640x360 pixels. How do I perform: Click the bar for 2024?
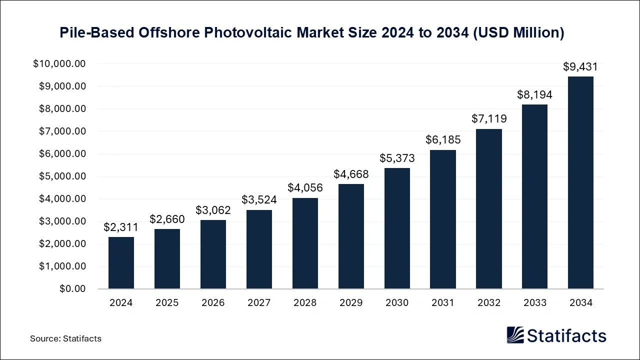coord(121,262)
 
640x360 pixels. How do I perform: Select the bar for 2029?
coord(351,236)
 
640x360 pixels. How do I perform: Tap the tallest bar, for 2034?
coord(580,182)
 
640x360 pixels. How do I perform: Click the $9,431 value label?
coord(580,67)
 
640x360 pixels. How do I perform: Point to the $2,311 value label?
coord(121,227)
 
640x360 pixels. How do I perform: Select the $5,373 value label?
coord(397,158)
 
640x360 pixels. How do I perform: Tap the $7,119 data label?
coord(489,119)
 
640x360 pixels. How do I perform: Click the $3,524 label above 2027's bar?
coord(259,200)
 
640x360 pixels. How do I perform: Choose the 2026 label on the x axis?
coord(213,302)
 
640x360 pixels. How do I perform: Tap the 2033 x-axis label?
coord(534,302)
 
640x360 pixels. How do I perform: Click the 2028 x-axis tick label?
coord(305,302)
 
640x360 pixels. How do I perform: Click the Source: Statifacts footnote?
coord(65,338)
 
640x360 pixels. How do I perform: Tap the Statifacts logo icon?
coord(515,335)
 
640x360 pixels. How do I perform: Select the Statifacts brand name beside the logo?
coord(566,335)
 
